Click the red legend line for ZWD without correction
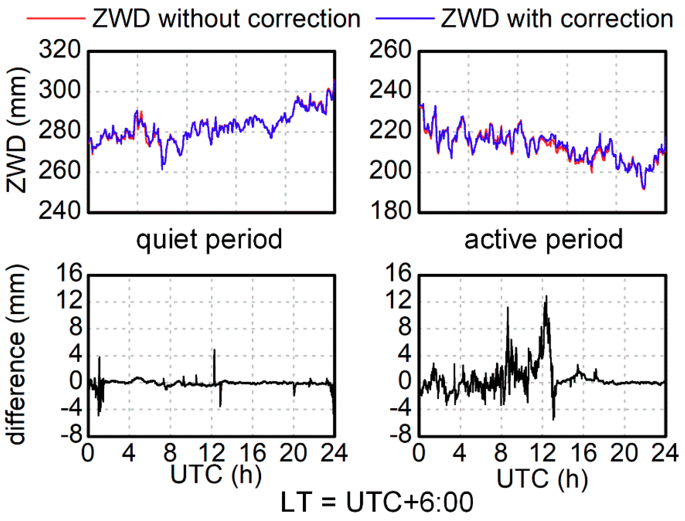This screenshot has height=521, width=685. [56, 19]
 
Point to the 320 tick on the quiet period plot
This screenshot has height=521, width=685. [60, 50]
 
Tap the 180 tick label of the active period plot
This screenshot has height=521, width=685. [390, 211]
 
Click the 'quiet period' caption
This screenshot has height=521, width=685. [209, 240]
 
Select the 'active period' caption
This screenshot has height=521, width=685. [543, 240]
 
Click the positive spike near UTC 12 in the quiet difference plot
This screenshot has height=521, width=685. [214, 350]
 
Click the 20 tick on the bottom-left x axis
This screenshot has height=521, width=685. [293, 453]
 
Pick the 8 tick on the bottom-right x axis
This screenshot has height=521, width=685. [501, 453]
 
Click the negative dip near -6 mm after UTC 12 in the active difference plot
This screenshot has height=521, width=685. [553, 419]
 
